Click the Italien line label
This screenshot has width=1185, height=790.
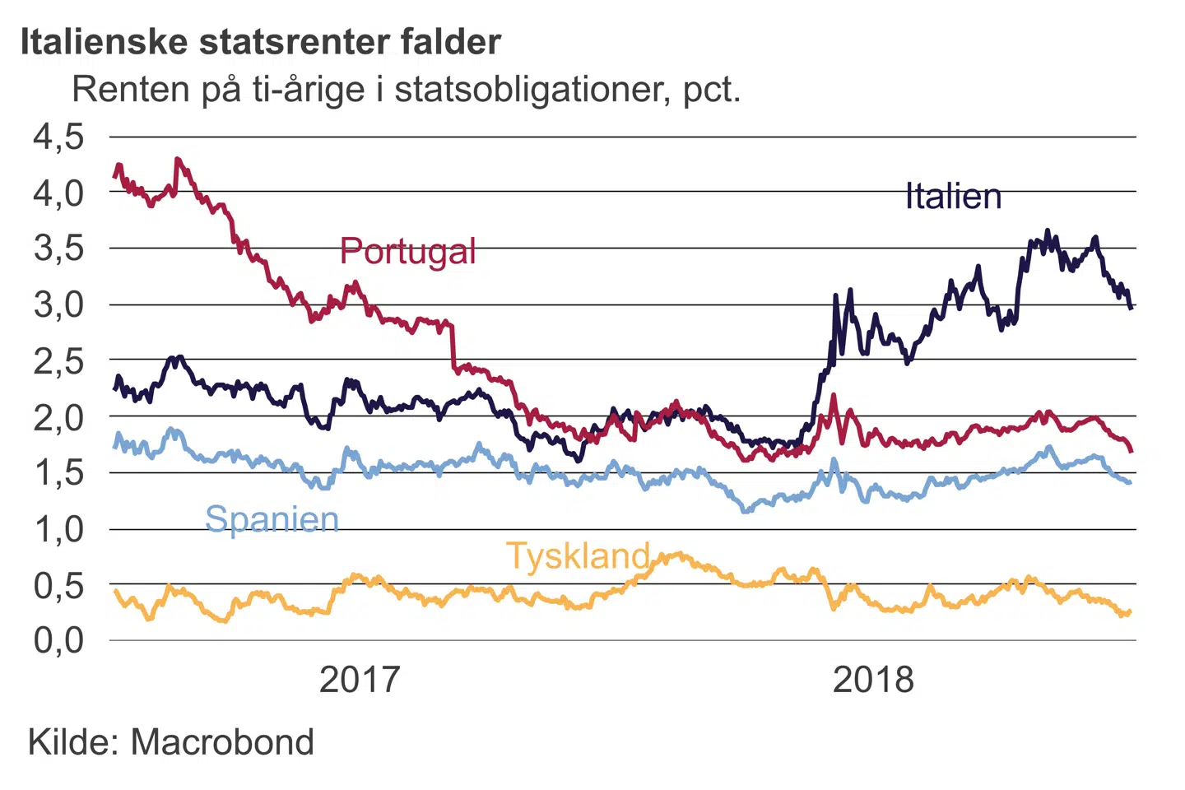point(953,197)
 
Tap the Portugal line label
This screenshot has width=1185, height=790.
point(407,251)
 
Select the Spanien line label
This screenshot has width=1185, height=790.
point(272,519)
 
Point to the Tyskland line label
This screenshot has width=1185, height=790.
point(578,556)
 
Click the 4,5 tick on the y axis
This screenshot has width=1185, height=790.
point(58,137)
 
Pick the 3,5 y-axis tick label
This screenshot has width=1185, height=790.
point(58,248)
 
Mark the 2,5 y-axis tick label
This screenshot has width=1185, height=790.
point(58,360)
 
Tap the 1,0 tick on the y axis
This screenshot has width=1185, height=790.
point(58,529)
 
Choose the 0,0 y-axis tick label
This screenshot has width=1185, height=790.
point(58,640)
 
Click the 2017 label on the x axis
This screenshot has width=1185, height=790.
point(359,680)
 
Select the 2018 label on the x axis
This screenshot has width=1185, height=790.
point(873,680)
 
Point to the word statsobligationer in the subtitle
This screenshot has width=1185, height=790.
point(533,89)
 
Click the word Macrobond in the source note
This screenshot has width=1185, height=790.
point(222,742)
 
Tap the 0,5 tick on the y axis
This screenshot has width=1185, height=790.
point(58,585)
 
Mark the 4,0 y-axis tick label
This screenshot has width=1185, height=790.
point(58,193)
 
